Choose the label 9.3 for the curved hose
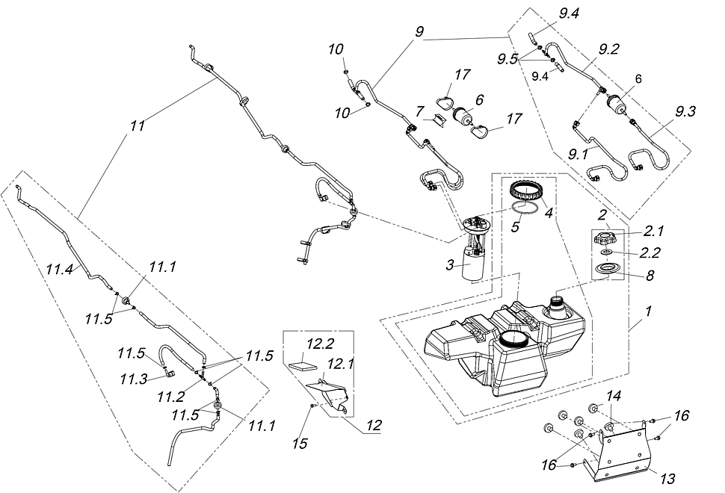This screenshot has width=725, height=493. (x=685, y=112)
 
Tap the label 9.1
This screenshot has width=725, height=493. (x=579, y=155)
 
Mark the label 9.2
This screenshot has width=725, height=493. (x=608, y=50)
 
